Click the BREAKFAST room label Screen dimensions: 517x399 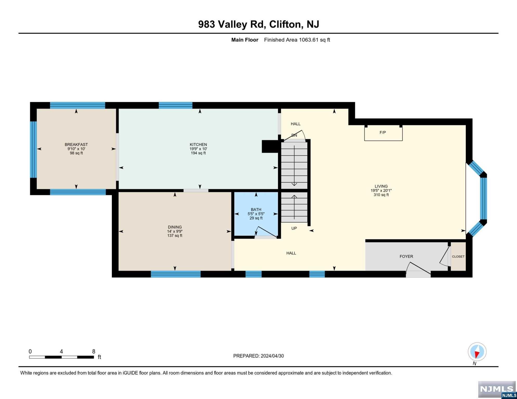(76, 144)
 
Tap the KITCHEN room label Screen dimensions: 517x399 (198, 144)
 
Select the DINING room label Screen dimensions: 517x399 (175, 227)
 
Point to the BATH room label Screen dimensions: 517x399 (256, 209)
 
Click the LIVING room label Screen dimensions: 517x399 (381, 186)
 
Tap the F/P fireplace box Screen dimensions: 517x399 (383, 133)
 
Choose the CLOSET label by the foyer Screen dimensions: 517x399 (458, 256)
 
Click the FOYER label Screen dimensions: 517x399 (406, 256)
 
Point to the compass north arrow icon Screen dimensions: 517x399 (477, 352)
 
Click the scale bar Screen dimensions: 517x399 (61, 357)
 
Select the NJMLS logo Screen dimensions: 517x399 (497, 390)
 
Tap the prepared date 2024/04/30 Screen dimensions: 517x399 (272, 356)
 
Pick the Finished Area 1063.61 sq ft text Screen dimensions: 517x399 (297, 40)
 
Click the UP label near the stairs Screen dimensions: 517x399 (294, 228)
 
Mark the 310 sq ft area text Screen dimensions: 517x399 (381, 195)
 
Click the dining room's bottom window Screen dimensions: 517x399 (176, 274)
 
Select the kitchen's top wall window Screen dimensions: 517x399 (176, 105)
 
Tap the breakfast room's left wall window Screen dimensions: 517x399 (33, 149)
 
